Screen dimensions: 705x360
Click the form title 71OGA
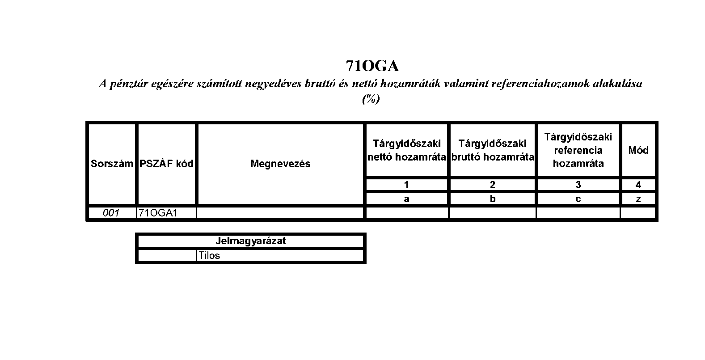coord(372,66)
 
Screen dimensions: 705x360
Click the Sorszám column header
coord(112,164)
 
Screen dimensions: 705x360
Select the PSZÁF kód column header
coord(166,164)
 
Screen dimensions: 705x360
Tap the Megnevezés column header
coord(280,164)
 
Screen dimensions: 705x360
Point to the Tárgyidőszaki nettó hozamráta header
coord(407,150)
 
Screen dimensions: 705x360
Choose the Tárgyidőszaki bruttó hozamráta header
coord(493,150)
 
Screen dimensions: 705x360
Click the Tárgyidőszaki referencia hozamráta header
coord(578,150)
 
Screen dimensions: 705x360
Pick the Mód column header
coord(638,150)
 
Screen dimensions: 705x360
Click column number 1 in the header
coord(406,185)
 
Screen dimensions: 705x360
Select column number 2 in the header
coord(493,185)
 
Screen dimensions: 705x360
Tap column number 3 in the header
coord(578,185)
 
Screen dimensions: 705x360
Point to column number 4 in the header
coord(638,185)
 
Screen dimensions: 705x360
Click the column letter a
coord(406,199)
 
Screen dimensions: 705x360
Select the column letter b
coord(493,199)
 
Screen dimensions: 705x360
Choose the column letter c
coord(578,199)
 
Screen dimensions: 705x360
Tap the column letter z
coord(638,199)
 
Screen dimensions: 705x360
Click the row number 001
coord(111,213)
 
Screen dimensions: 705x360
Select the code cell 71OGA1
coord(158,213)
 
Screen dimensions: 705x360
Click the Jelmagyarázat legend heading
coord(250,241)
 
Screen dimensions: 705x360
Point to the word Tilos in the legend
coord(209,255)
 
